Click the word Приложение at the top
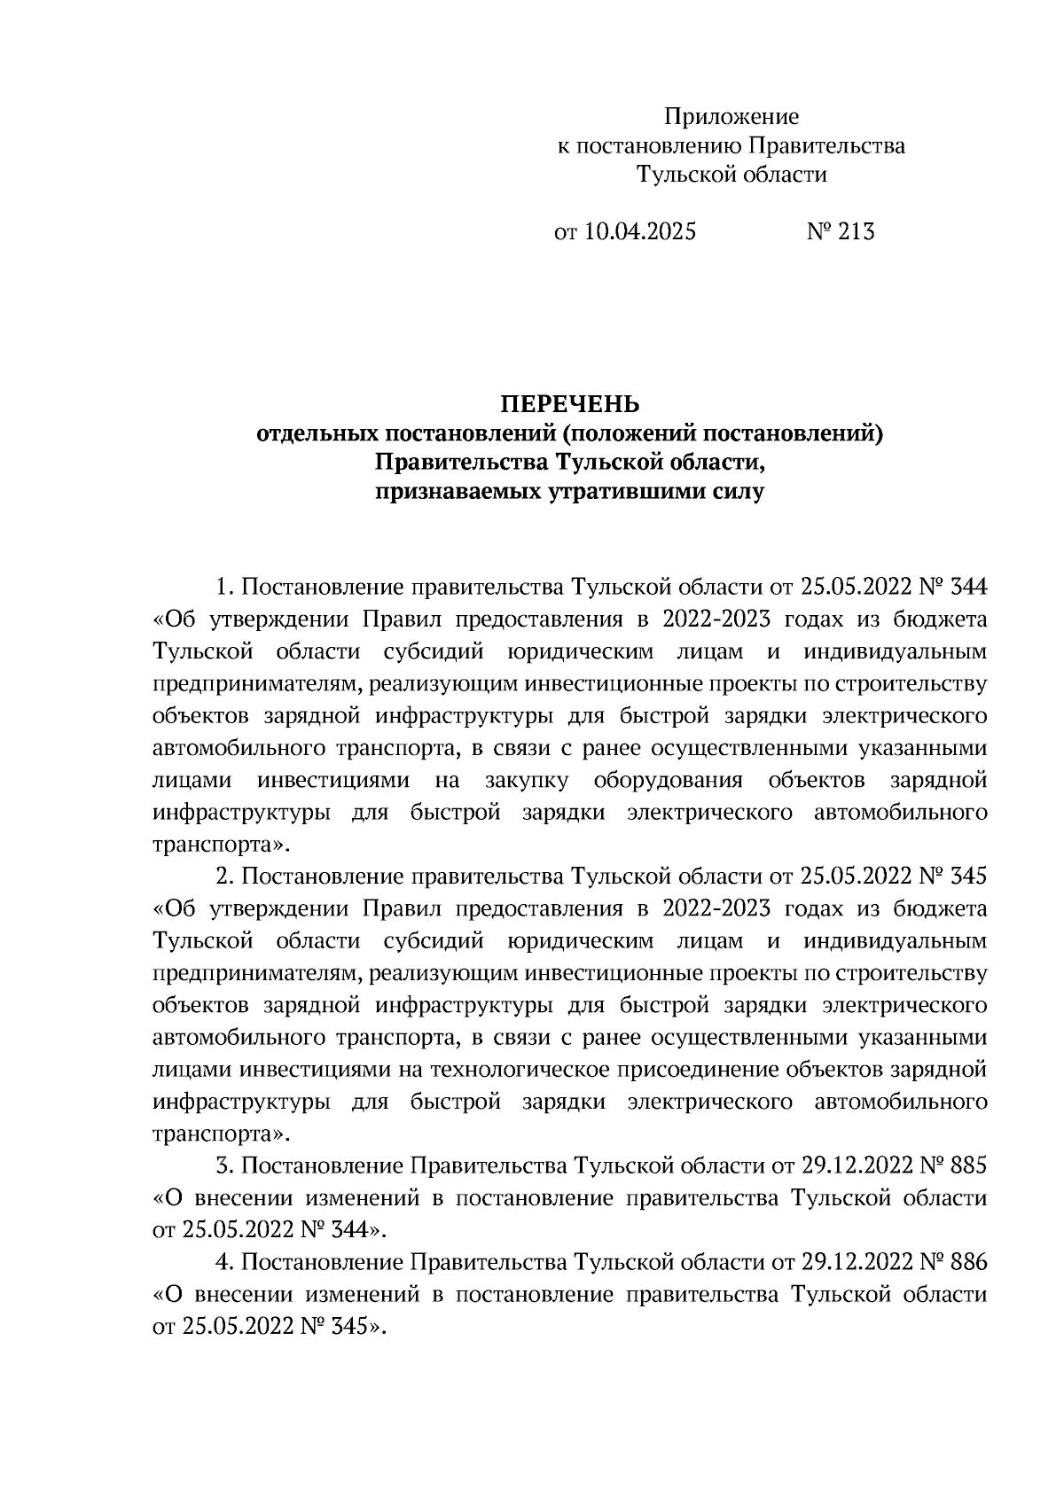coord(731,117)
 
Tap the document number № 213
coord(840,232)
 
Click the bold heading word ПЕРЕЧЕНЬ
coord(570,405)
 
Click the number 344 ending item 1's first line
coord(967,588)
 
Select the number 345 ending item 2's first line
coord(967,877)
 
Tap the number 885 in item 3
coord(967,1165)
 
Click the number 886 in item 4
coord(967,1261)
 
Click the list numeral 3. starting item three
coord(224,1165)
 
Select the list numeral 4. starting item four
coord(224,1261)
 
